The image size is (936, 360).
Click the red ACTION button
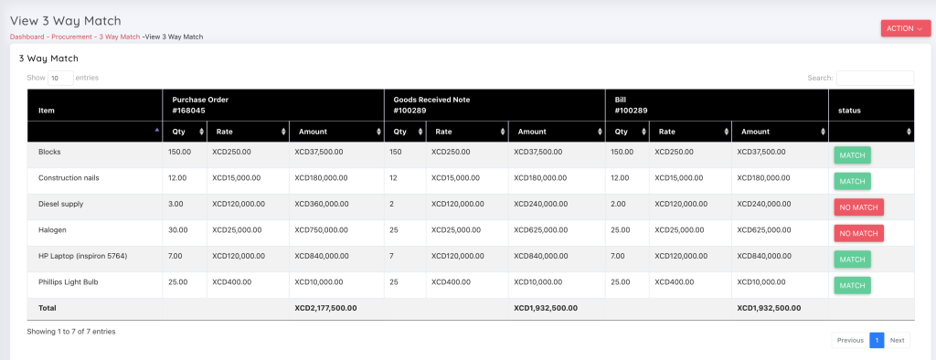pyautogui.click(x=905, y=28)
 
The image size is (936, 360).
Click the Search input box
pyautogui.click(x=875, y=78)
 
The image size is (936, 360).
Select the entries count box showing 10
pyautogui.click(x=60, y=78)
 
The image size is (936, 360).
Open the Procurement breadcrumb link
pyautogui.click(x=71, y=37)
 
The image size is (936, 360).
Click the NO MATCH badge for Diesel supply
pyautogui.click(x=858, y=207)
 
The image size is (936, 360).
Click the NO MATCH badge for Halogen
pyautogui.click(x=858, y=233)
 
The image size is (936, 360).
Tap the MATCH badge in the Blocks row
pyautogui.click(x=852, y=155)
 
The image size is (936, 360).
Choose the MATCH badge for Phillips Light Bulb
pyautogui.click(x=852, y=285)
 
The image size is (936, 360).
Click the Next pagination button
pyautogui.click(x=897, y=340)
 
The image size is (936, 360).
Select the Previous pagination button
pyautogui.click(x=850, y=340)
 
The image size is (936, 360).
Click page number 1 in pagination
pyautogui.click(x=877, y=340)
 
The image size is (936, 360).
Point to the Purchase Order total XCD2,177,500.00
pyautogui.click(x=325, y=308)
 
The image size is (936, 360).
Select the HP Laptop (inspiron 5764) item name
pyautogui.click(x=83, y=256)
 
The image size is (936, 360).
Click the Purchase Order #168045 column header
pyautogui.click(x=200, y=104)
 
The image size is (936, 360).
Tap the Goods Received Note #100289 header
pyautogui.click(x=431, y=104)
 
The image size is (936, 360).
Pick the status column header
pyautogui.click(x=849, y=111)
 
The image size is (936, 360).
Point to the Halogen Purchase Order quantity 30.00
pyautogui.click(x=178, y=229)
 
